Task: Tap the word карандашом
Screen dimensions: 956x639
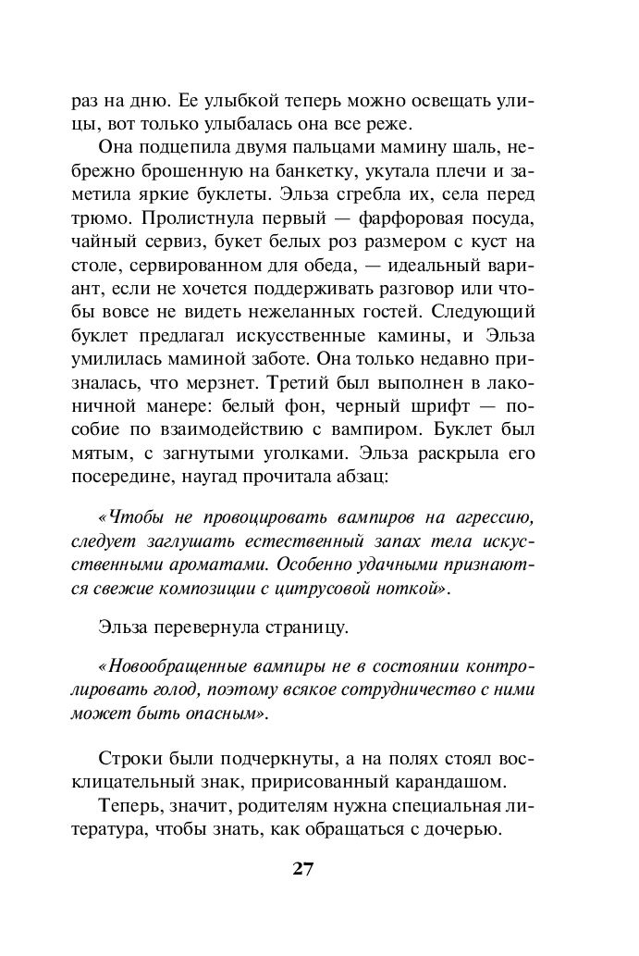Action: point(457,781)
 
